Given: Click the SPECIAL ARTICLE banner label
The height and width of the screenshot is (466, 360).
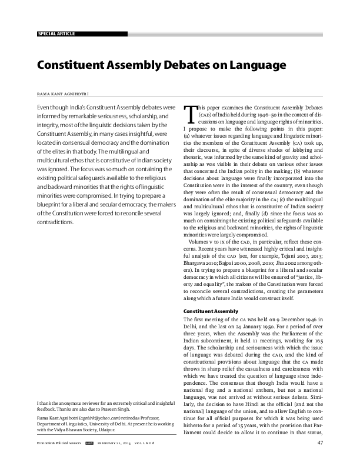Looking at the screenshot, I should click(56, 34).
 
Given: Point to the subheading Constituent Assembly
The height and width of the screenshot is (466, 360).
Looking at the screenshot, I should click(211, 311).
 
